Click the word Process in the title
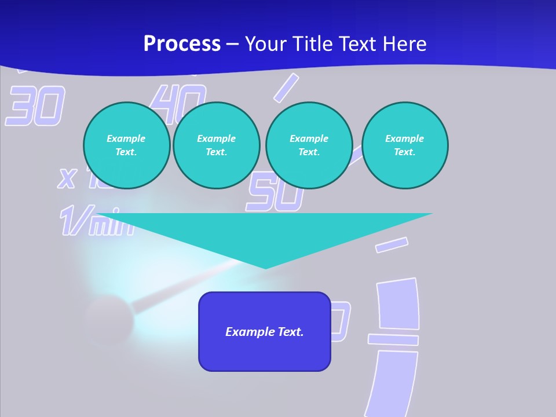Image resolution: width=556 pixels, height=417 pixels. [x=182, y=44]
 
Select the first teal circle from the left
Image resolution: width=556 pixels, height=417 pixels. [x=126, y=145]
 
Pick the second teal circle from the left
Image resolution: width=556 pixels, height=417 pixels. [x=216, y=145]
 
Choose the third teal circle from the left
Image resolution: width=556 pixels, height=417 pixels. [x=309, y=145]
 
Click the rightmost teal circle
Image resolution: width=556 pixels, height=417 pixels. [x=405, y=145]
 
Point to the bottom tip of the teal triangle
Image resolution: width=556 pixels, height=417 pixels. [x=265, y=268]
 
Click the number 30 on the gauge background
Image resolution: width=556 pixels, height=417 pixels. [x=35, y=106]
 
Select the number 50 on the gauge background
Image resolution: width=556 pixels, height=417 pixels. [x=275, y=194]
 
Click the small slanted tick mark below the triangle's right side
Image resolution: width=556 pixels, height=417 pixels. [x=392, y=245]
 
